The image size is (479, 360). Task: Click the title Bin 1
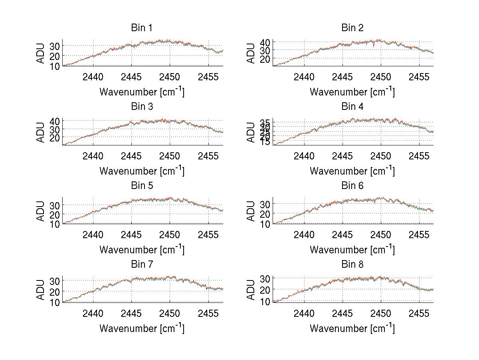tap(142, 28)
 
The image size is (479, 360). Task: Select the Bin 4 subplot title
tap(352, 107)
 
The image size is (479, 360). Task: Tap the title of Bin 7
tap(142, 265)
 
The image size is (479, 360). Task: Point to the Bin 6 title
tap(352, 186)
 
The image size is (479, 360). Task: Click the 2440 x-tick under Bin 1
tap(93, 77)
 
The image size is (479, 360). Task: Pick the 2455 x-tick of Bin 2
tap(419, 77)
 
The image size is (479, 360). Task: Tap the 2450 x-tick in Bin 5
tap(170, 235)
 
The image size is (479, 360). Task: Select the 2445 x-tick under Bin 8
tap(342, 313)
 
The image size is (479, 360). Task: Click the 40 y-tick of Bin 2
tap(266, 42)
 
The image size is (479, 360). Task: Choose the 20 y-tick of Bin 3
tap(55, 137)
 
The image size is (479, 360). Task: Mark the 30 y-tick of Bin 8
tap(266, 278)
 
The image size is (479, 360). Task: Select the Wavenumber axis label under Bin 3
tap(142, 171)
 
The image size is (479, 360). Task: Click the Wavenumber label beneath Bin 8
tap(352, 328)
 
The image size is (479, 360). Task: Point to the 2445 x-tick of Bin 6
tap(342, 235)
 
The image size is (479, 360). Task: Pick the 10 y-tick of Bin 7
tap(55, 302)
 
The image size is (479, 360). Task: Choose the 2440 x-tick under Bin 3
tap(93, 156)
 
